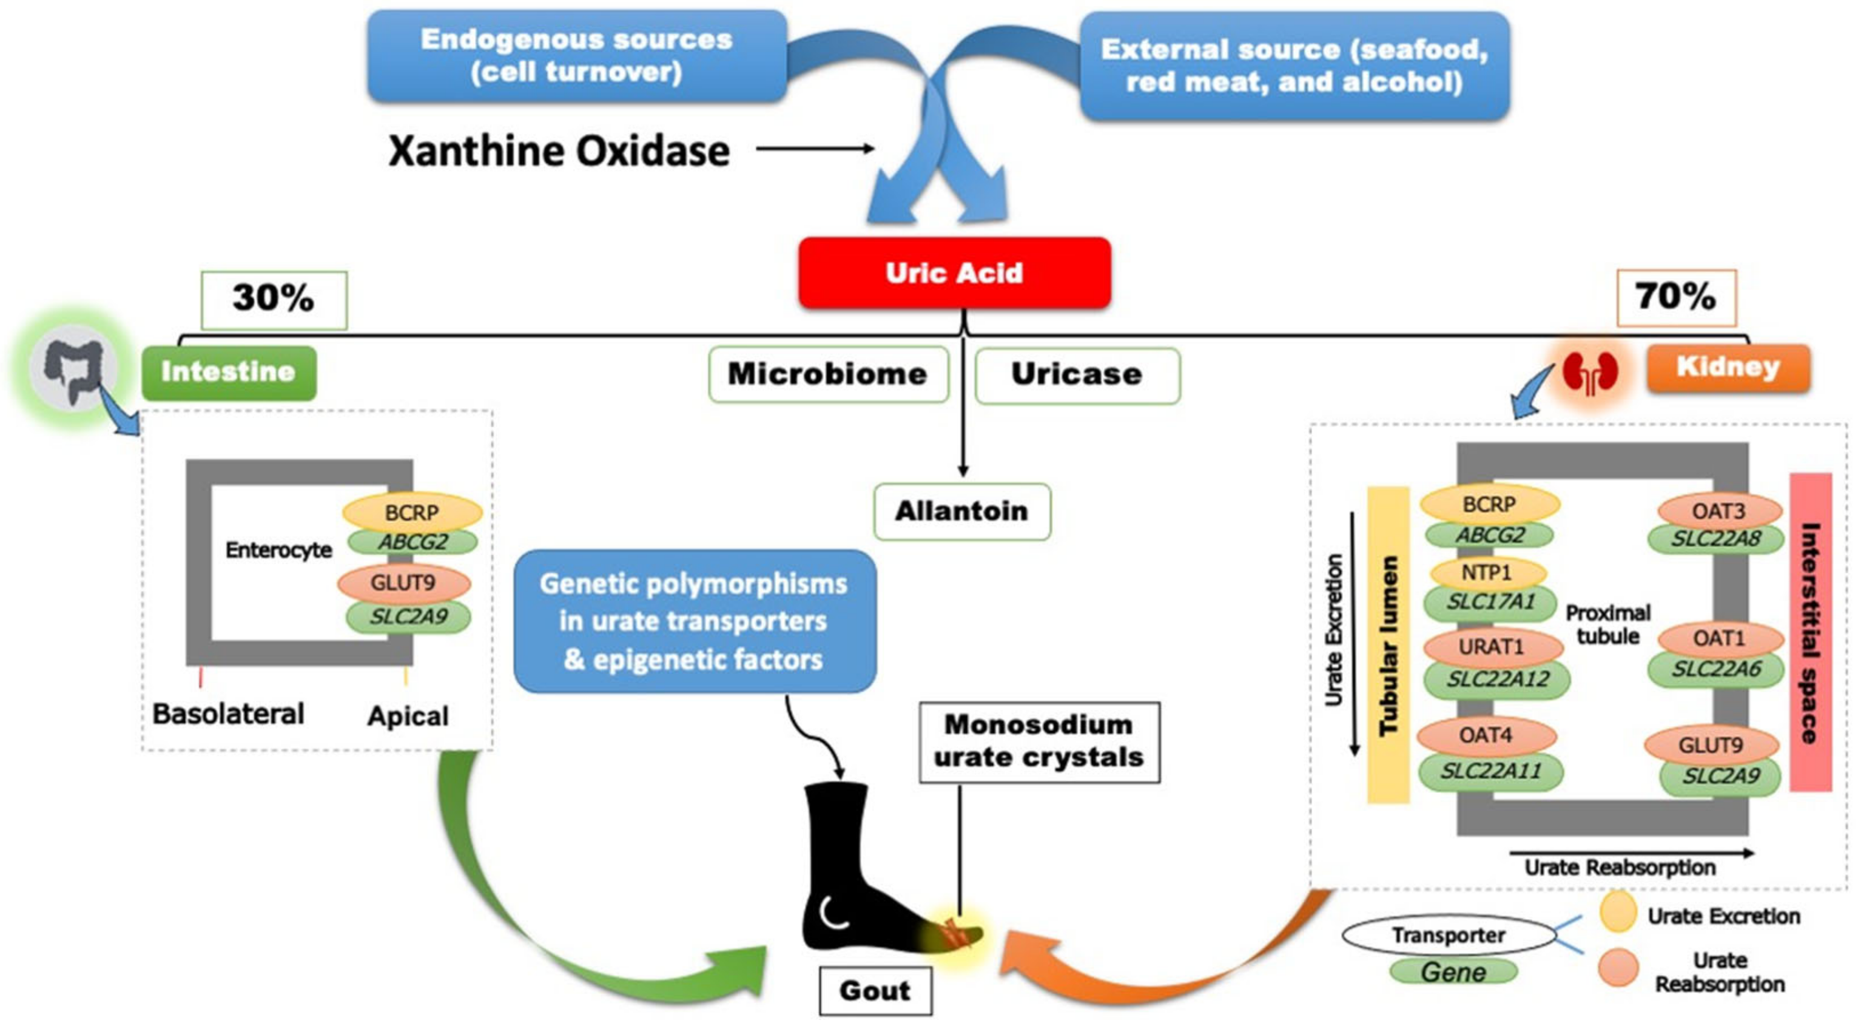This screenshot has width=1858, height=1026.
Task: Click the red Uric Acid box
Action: (x=954, y=273)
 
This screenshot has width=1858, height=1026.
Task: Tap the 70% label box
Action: (x=1675, y=297)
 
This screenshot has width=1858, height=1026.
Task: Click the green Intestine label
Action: (x=229, y=373)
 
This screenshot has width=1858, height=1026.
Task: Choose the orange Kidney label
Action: (x=1728, y=367)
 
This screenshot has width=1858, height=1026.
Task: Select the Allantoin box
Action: (x=961, y=511)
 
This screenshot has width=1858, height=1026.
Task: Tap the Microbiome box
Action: (x=827, y=374)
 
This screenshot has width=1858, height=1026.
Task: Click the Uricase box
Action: (x=1077, y=374)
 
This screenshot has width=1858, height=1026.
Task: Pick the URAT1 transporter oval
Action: (x=1492, y=646)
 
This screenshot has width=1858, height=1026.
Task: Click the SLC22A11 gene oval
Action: (x=1490, y=771)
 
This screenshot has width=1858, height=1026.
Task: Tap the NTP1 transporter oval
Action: (x=1487, y=573)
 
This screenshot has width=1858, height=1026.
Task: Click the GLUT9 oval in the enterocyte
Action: (x=403, y=582)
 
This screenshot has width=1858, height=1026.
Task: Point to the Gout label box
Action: (x=874, y=991)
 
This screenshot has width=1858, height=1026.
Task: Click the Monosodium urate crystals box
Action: (x=1038, y=741)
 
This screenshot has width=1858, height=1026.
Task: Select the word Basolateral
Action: (x=229, y=714)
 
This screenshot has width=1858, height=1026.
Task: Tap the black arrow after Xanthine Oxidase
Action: (x=815, y=149)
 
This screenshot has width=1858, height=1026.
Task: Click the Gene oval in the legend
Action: (x=1453, y=972)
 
